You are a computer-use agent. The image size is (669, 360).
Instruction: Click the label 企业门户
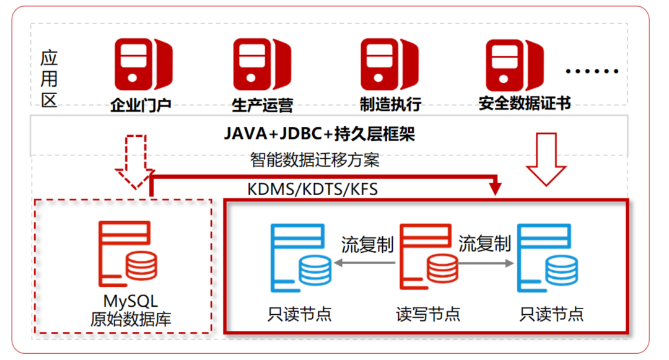pyautogui.click(x=141, y=104)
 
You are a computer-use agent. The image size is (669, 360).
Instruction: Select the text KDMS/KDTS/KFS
pyautogui.click(x=313, y=189)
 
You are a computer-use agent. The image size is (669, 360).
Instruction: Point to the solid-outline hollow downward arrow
pyautogui.click(x=546, y=159)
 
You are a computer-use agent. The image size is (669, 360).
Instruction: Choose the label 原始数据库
pyautogui.click(x=130, y=320)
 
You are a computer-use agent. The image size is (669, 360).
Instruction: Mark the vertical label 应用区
pyautogui.click(x=49, y=79)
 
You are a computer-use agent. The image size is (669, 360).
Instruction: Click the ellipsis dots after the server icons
pyautogui.click(x=592, y=71)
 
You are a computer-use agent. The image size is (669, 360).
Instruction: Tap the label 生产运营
pyautogui.click(x=262, y=104)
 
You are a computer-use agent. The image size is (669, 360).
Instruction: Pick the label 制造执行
pyautogui.click(x=390, y=104)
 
